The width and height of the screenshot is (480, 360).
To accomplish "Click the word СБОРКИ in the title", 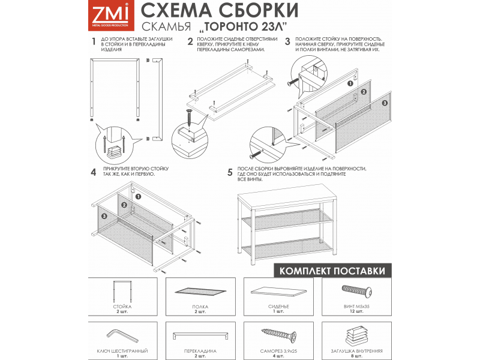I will (x=257, y=11).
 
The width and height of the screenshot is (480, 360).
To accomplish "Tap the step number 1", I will (x=93, y=42).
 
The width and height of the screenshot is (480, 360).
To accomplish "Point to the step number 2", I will (x=190, y=42).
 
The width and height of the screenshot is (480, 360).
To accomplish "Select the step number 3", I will (x=287, y=42).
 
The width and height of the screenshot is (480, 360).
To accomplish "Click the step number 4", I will (x=93, y=172).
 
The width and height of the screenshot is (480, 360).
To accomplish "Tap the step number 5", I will (x=230, y=172).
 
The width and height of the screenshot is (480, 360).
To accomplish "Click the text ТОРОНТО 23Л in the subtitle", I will (x=250, y=28).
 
